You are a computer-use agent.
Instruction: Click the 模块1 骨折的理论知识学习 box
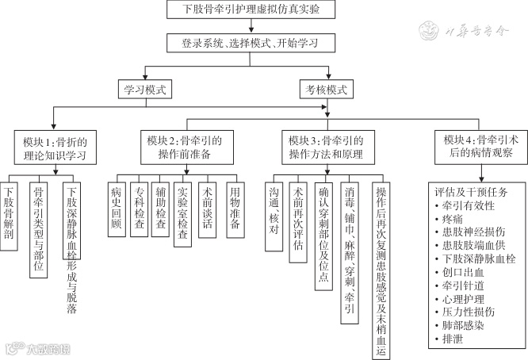click(54, 147)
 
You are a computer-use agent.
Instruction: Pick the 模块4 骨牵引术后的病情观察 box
click(476, 147)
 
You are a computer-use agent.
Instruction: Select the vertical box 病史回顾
click(117, 207)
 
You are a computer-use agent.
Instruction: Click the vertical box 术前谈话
click(208, 207)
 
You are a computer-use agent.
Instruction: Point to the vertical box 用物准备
click(233, 207)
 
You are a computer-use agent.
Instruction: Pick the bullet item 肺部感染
click(457, 326)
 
